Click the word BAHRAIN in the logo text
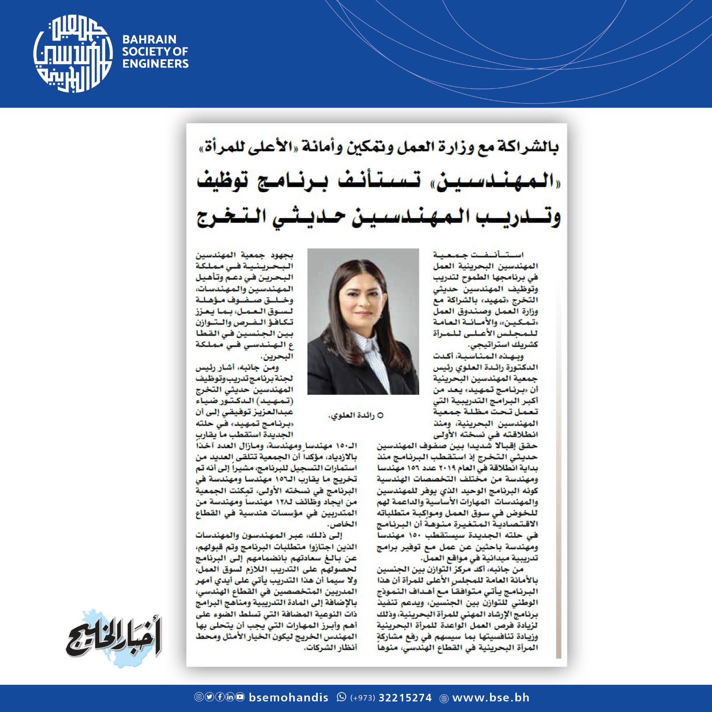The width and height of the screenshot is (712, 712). tap(149, 39)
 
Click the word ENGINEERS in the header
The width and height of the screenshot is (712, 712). tap(155, 64)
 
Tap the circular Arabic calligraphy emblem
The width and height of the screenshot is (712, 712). tap(73, 54)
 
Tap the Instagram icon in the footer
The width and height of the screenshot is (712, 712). tap(199, 697)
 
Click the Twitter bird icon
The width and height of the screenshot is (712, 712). tap(209, 697)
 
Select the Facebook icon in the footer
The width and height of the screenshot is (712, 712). tap(219, 697)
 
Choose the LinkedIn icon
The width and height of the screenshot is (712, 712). tap(230, 697)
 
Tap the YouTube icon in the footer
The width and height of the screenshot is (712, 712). tap(240, 697)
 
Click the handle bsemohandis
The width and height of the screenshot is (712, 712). tap(288, 697)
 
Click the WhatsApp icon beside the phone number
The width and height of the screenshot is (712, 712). tap(341, 697)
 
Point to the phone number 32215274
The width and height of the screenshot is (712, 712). tap(405, 697)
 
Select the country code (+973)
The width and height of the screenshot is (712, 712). tap(363, 698)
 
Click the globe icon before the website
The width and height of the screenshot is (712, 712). tap(444, 698)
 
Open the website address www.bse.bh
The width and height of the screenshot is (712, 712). tap(491, 697)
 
